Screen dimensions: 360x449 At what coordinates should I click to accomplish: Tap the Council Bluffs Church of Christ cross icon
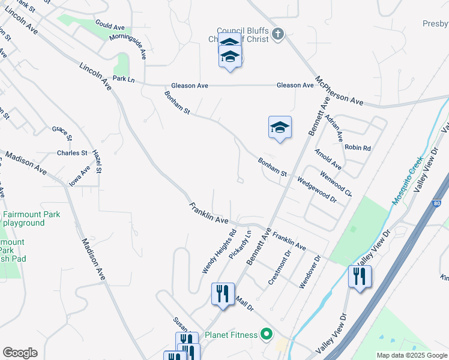click(277, 34)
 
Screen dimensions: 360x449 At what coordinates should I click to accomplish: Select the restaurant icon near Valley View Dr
click(360, 277)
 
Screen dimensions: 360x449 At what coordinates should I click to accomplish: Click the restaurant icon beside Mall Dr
click(223, 294)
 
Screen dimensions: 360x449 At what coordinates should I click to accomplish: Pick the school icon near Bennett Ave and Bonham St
click(280, 127)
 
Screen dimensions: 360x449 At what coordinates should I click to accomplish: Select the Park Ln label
click(124, 79)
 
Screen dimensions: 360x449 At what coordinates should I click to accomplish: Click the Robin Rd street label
click(357, 147)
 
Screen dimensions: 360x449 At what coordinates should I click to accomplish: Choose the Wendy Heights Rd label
click(220, 251)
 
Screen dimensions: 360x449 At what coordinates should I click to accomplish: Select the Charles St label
click(72, 153)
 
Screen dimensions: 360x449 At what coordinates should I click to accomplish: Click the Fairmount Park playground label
click(23, 218)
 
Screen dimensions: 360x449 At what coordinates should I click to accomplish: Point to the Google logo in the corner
click(20, 352)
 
